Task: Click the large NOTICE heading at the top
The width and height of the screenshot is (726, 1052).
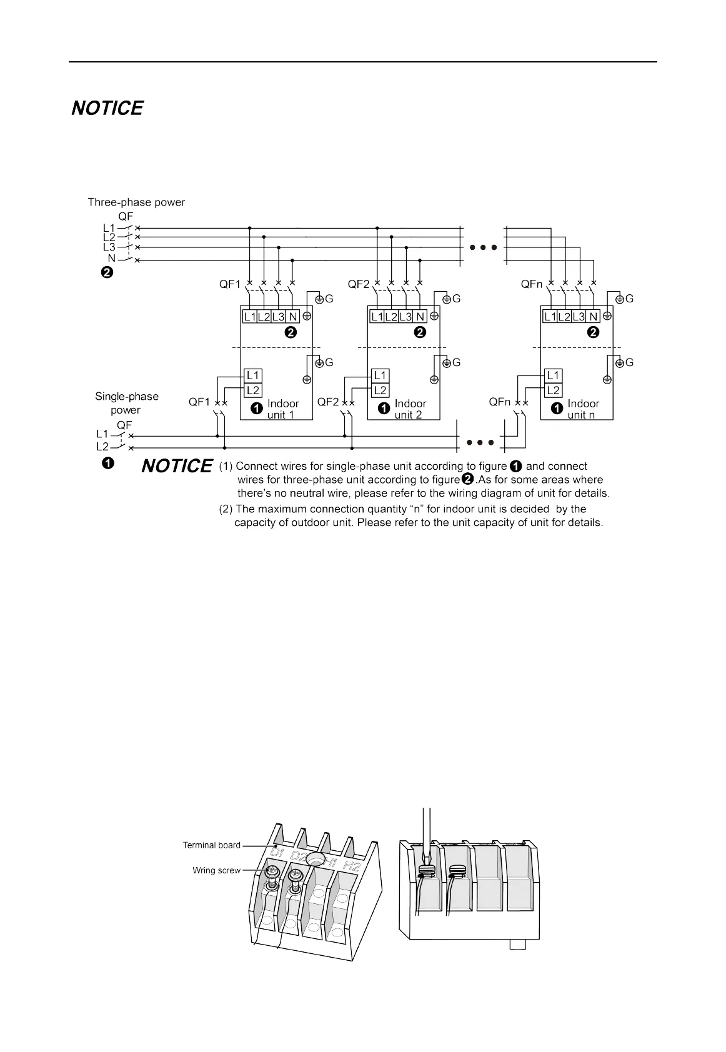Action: click(107, 109)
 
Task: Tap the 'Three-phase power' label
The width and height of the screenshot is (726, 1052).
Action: click(136, 202)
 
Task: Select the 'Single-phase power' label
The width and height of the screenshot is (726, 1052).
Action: click(127, 403)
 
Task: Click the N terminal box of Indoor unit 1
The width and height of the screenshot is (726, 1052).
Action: click(293, 317)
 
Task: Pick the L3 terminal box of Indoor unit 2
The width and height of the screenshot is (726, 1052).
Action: click(405, 317)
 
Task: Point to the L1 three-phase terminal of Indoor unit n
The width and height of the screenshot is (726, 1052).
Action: click(550, 317)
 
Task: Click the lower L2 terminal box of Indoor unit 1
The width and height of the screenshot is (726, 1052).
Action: click(253, 390)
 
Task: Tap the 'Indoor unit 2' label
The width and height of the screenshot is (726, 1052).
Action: click(410, 409)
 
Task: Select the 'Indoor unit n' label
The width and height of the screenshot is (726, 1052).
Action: click(584, 409)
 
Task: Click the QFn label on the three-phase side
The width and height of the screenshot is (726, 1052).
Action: click(532, 284)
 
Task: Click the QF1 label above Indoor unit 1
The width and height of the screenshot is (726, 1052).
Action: click(230, 284)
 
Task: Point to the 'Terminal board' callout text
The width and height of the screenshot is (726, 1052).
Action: click(211, 845)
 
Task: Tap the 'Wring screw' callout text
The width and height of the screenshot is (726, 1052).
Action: click(216, 870)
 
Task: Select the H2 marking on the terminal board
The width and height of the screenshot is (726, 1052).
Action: click(352, 866)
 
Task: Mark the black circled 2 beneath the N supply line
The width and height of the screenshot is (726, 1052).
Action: click(107, 273)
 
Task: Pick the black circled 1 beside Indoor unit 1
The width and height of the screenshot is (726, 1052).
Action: click(256, 409)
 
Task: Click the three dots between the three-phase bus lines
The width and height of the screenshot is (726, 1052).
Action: click(483, 247)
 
